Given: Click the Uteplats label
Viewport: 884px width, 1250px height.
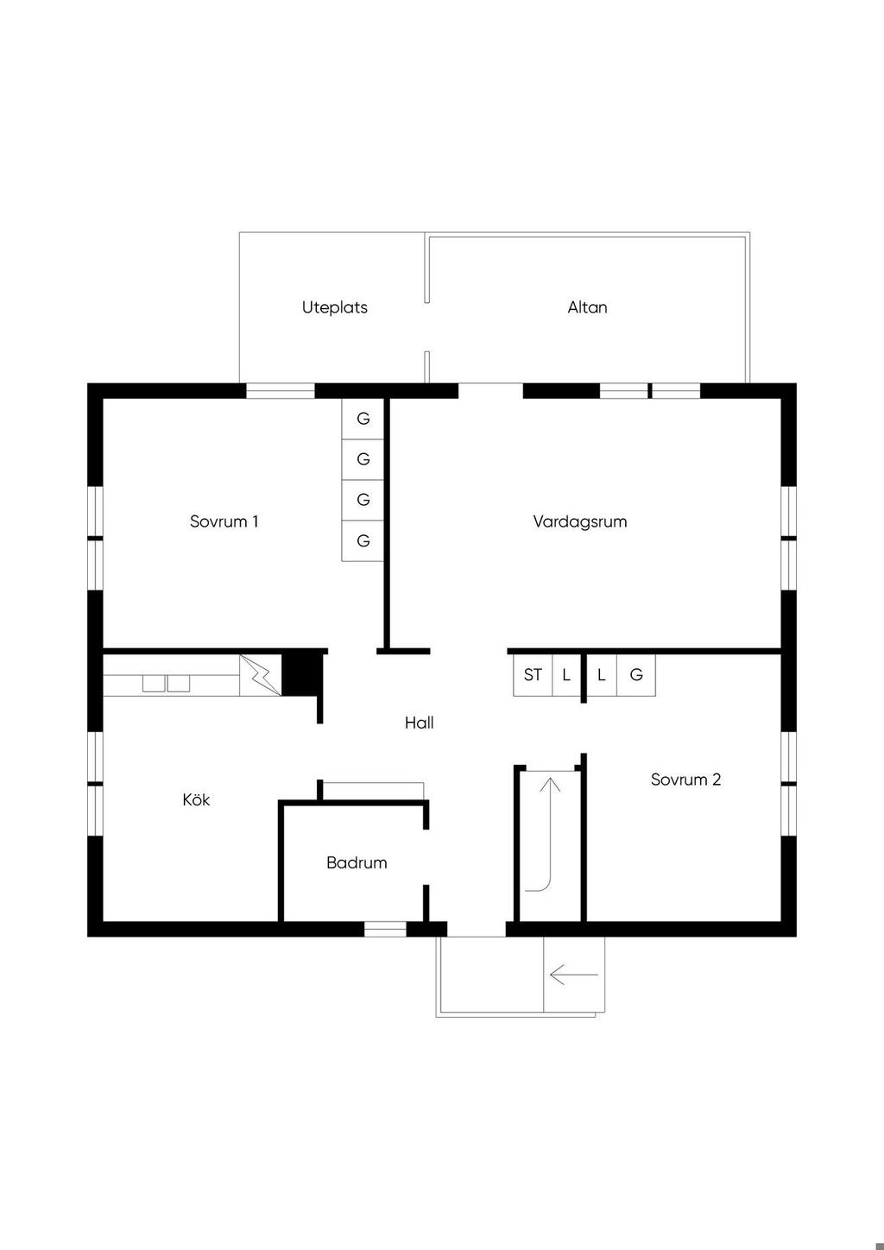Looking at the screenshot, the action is (x=334, y=307).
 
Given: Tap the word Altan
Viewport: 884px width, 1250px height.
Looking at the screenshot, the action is (x=587, y=307).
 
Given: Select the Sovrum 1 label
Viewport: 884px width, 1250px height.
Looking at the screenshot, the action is (x=224, y=521).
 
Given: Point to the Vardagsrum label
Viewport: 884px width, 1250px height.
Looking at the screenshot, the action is (x=580, y=521).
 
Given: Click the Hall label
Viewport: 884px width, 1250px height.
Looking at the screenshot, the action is (x=419, y=723).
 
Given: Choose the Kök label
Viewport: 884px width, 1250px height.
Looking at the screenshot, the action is (x=196, y=799).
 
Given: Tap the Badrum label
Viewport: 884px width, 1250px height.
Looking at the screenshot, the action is (x=357, y=862).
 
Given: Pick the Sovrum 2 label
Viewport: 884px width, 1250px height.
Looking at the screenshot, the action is (x=685, y=780).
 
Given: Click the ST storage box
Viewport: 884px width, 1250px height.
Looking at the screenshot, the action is (x=533, y=675).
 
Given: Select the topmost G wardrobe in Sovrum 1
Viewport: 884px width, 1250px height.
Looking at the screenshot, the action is (x=363, y=419).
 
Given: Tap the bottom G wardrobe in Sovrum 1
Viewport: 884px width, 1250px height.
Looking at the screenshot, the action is (x=363, y=540).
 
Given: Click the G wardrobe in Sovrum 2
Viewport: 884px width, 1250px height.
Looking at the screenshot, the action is (x=636, y=675).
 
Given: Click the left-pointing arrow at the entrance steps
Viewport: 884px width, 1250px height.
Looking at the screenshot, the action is (x=574, y=975).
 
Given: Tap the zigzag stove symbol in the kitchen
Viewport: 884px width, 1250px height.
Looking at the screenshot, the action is (x=260, y=675).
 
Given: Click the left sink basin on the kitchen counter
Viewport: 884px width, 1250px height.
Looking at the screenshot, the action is (x=154, y=684).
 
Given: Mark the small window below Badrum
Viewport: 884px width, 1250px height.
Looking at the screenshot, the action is (x=385, y=929).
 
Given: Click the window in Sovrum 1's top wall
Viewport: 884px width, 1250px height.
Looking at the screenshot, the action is (x=281, y=390).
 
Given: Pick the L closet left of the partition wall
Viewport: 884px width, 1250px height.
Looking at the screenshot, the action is (x=566, y=675).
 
